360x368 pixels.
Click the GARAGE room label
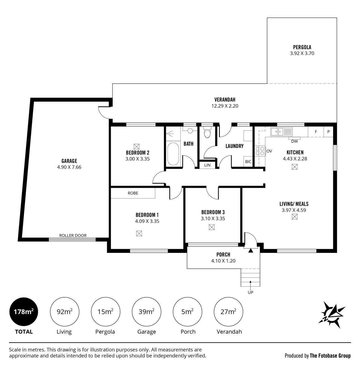pos(69,161)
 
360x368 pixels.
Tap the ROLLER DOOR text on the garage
pos(73,235)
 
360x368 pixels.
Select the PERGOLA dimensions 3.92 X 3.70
pos(302,53)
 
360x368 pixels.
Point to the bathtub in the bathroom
pos(173,154)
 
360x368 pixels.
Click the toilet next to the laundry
pos(207,132)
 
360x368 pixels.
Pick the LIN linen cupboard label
pos(207,165)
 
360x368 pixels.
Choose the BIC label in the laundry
pos(248,162)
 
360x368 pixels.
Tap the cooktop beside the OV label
pos(260,151)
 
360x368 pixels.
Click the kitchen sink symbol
pos(281,132)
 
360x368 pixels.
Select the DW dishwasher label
pos(294,141)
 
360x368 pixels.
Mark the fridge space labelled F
pos(316,132)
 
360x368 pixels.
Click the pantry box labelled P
pos(329,132)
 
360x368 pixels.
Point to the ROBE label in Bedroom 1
pos(133,193)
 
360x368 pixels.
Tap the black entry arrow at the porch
pos(251,250)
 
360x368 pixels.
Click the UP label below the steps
pos(250,292)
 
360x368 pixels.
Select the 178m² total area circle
pos(24,311)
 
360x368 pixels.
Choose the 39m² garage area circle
pos(146,311)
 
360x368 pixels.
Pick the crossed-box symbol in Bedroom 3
pos(212,227)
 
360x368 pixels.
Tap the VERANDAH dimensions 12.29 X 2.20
pos(225,106)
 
